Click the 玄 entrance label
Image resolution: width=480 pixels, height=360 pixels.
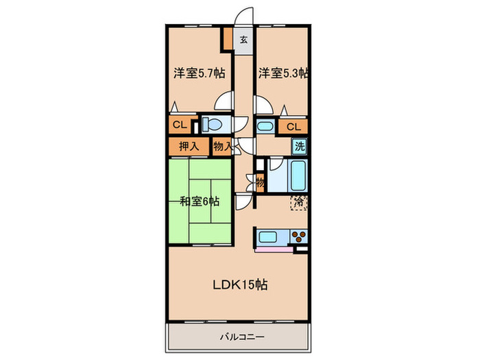[x=243, y=40]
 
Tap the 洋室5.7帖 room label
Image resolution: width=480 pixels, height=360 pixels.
[x=200, y=73]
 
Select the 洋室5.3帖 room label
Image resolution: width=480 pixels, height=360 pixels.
[x=283, y=73]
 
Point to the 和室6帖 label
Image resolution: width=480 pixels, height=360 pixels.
[x=200, y=202]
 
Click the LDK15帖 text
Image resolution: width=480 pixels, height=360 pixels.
[x=240, y=285]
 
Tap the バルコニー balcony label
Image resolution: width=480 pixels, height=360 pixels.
[x=242, y=337]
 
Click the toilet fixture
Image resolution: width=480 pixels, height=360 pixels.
[x=215, y=125]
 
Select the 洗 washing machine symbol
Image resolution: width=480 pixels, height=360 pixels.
[x=300, y=146]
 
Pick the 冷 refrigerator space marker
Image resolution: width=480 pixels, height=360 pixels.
[x=298, y=202]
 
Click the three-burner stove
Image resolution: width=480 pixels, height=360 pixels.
[x=298, y=237]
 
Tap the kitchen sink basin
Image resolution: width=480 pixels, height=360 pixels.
[x=268, y=237]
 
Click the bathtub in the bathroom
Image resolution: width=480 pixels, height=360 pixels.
[x=298, y=176]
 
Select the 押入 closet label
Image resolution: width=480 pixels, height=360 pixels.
[x=189, y=147]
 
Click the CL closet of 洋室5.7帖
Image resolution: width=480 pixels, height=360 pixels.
[x=180, y=125]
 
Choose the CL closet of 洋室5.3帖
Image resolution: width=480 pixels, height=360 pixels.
[x=293, y=127]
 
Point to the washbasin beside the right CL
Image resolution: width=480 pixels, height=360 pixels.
[x=265, y=126]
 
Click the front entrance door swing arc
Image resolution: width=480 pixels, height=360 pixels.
[x=243, y=12]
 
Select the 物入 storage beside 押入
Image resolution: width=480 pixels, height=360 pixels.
[x=223, y=147]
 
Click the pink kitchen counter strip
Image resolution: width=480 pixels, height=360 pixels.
[x=274, y=249]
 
